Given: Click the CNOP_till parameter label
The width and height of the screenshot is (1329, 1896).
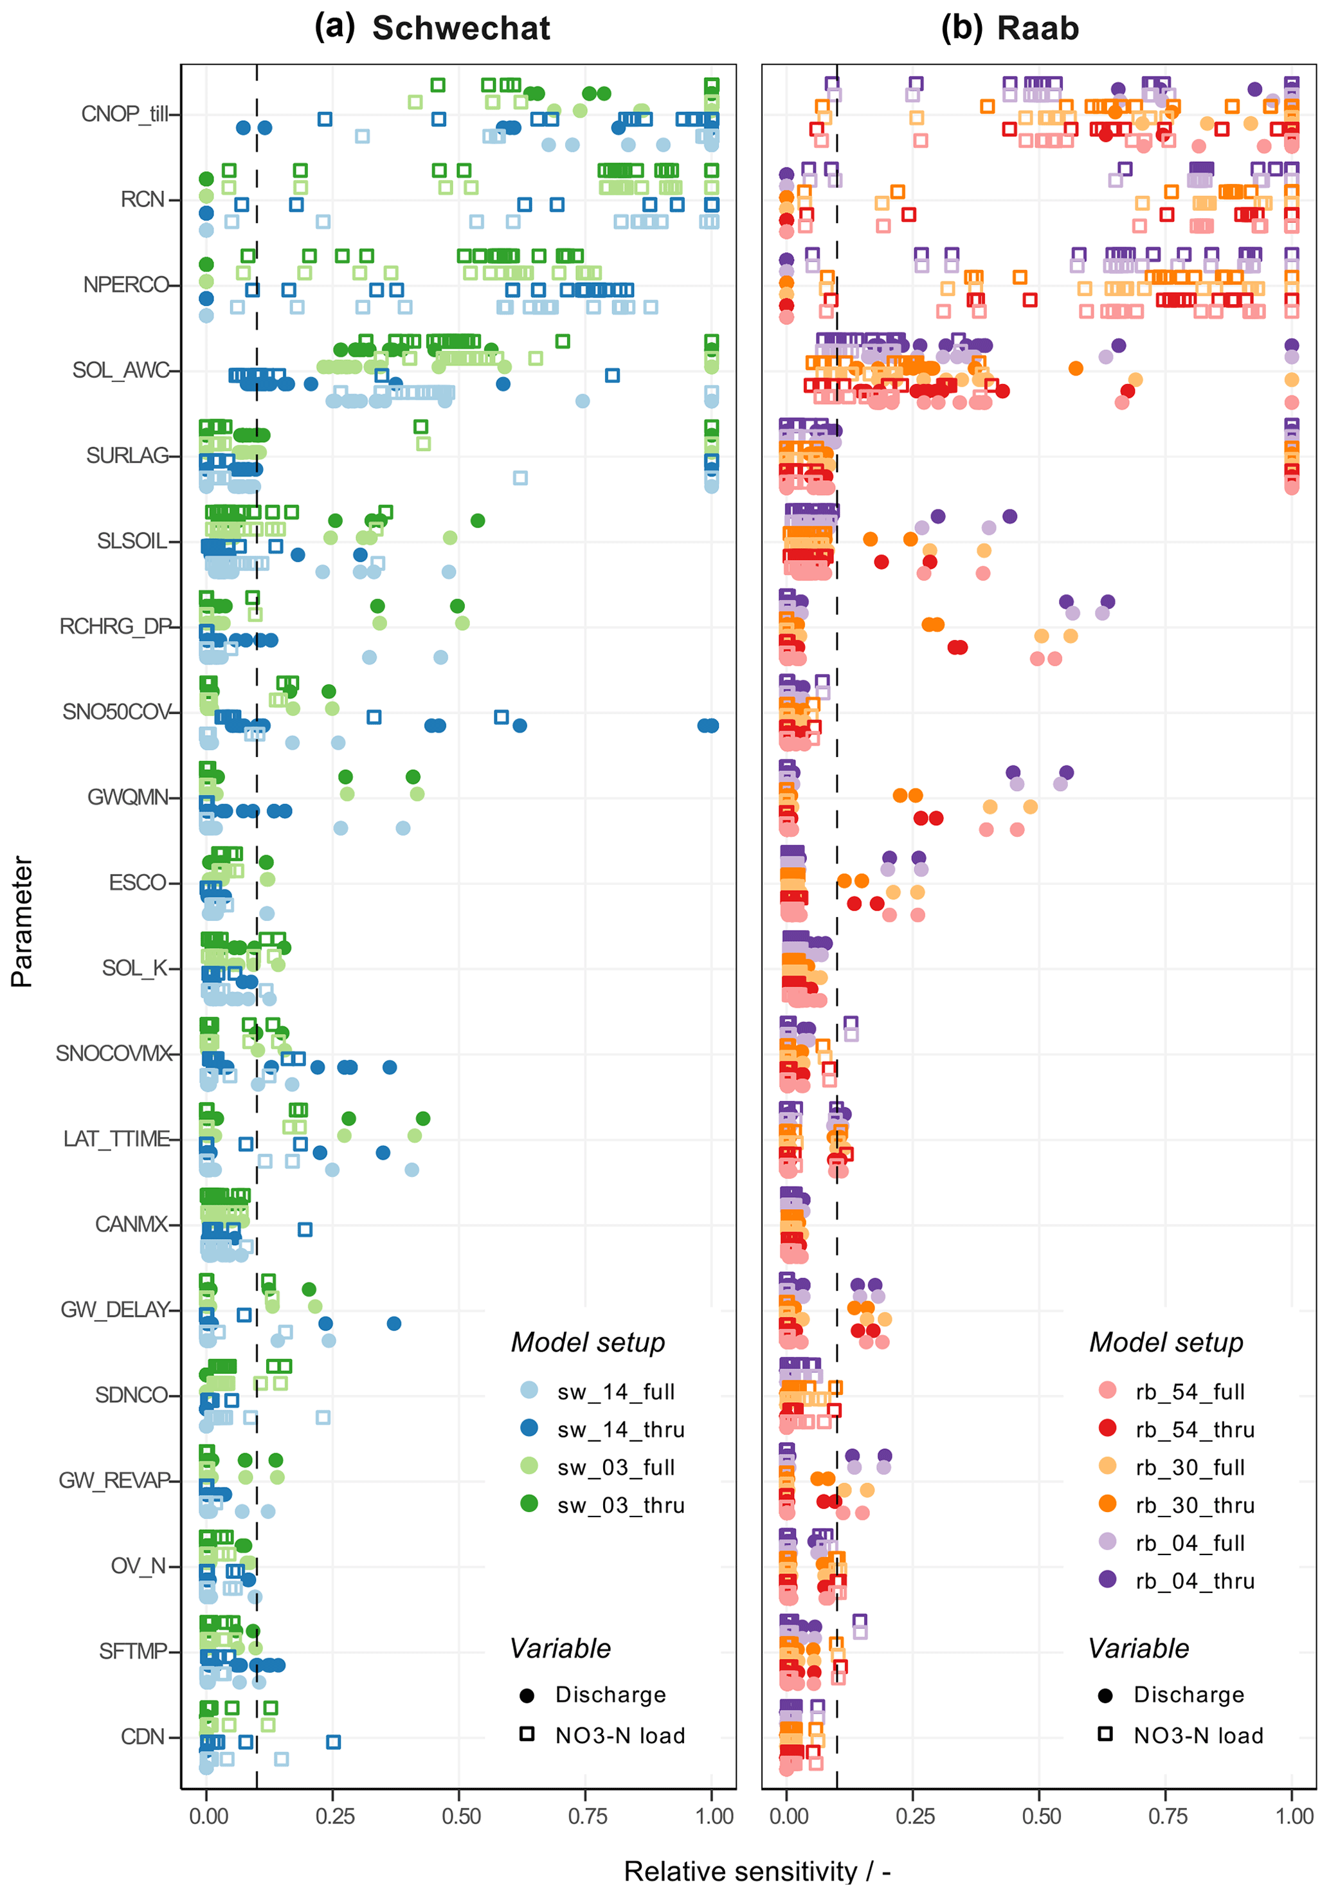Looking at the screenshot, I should coord(124,114).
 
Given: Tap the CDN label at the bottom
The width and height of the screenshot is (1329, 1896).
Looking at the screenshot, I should coord(143,1736).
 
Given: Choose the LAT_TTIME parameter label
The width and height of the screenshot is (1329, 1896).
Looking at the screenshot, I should coord(116,1139).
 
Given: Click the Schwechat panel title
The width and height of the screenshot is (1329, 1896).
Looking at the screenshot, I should coord(460,29).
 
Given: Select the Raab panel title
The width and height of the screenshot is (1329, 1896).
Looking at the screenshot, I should coord(1038,29).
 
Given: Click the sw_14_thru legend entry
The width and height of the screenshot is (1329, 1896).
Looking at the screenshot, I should coord(620,1430).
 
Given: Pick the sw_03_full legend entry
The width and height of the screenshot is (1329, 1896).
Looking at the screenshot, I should coord(615,1468).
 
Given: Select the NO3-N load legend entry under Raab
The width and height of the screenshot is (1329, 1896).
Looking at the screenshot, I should coord(1198,1736).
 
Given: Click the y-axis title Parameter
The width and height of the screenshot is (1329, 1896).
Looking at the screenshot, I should coord(23,921).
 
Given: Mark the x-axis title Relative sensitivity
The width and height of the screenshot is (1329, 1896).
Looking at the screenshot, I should coord(756,1871).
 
